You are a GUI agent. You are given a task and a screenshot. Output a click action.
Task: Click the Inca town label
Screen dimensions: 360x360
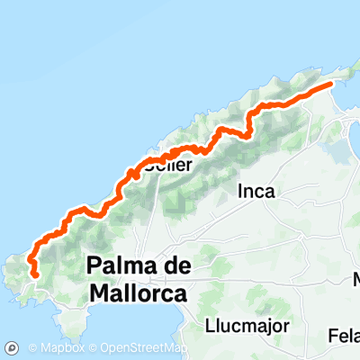[256, 191]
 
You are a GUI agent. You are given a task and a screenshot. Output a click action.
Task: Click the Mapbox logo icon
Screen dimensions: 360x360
[13, 347]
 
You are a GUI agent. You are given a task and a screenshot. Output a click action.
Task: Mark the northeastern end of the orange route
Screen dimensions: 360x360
[331, 85]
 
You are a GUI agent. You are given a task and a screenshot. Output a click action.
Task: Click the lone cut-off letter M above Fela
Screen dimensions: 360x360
[355, 280]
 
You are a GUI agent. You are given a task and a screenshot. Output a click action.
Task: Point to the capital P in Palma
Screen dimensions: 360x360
[96, 266]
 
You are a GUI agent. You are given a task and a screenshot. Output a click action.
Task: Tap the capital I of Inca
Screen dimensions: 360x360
[240, 191]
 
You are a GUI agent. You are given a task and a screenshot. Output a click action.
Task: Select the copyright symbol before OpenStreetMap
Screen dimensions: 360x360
[93, 348]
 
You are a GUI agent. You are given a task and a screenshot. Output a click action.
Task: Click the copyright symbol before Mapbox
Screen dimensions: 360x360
[31, 348]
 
